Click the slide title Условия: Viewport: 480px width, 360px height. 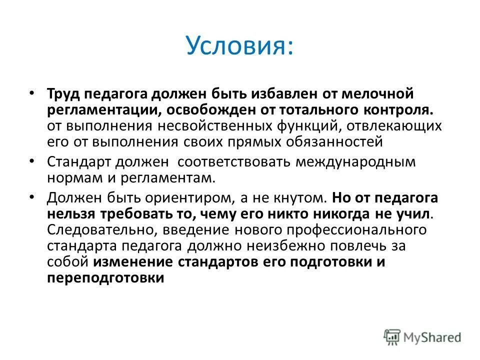(x=239, y=45)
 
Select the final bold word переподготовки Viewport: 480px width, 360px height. (x=105, y=278)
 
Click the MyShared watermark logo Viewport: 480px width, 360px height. (x=422, y=337)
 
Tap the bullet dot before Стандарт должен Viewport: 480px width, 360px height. (x=31, y=161)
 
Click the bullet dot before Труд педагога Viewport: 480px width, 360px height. (x=31, y=93)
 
